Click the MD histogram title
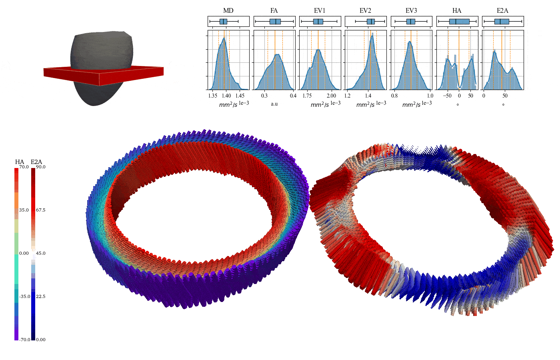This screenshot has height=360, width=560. pos(228,10)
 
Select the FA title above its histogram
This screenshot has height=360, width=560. pos(274,10)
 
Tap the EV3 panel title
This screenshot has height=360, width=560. pos(411,10)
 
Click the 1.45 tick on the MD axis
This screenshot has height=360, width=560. pos(240,96)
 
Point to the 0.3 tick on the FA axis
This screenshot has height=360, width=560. pos(264,96)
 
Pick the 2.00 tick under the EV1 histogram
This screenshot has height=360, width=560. pos(332,96)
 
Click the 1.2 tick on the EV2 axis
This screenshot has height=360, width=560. pos(347,96)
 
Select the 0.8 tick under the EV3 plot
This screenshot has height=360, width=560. pos(394,96)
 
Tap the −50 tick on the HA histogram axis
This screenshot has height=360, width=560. pos(447,96)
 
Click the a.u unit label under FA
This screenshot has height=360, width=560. pos(274,104)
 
